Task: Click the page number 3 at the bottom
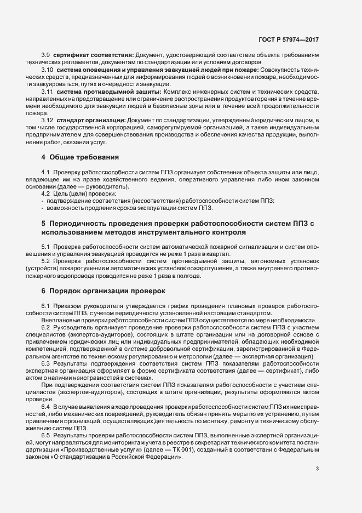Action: (318, 469)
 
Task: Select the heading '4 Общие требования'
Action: (80, 157)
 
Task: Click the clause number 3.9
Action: (46, 56)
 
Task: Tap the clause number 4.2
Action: (46, 194)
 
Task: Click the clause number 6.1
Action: (46, 305)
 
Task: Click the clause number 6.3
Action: (46, 363)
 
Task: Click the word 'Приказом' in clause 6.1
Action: (68, 305)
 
